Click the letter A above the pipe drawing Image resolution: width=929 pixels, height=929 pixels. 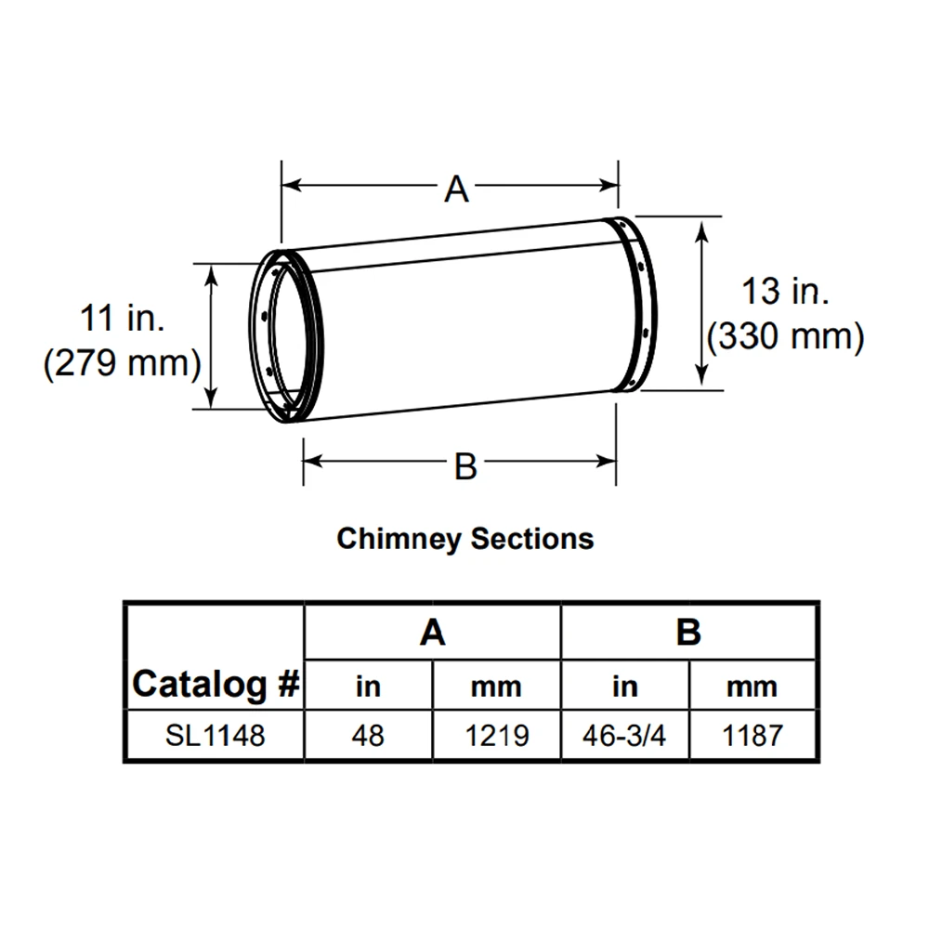456,189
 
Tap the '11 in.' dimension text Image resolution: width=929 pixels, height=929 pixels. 123,318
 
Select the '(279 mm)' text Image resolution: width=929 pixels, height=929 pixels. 123,362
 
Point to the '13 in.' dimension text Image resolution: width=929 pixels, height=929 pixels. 785,292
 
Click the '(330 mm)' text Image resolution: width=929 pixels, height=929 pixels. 786,336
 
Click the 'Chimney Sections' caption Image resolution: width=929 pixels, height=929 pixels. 465,539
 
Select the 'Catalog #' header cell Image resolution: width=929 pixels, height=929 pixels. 216,685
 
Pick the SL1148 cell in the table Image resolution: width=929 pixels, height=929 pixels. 216,735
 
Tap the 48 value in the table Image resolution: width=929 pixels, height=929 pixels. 368,735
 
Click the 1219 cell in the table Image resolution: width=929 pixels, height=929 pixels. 496,735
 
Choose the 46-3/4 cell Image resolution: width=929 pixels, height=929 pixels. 624,735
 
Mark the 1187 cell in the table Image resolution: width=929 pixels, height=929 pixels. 752,735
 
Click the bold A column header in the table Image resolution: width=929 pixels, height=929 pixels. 433,632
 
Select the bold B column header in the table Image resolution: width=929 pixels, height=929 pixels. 688,632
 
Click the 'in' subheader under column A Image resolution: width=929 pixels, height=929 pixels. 368,687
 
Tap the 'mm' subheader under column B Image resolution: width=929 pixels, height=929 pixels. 752,687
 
